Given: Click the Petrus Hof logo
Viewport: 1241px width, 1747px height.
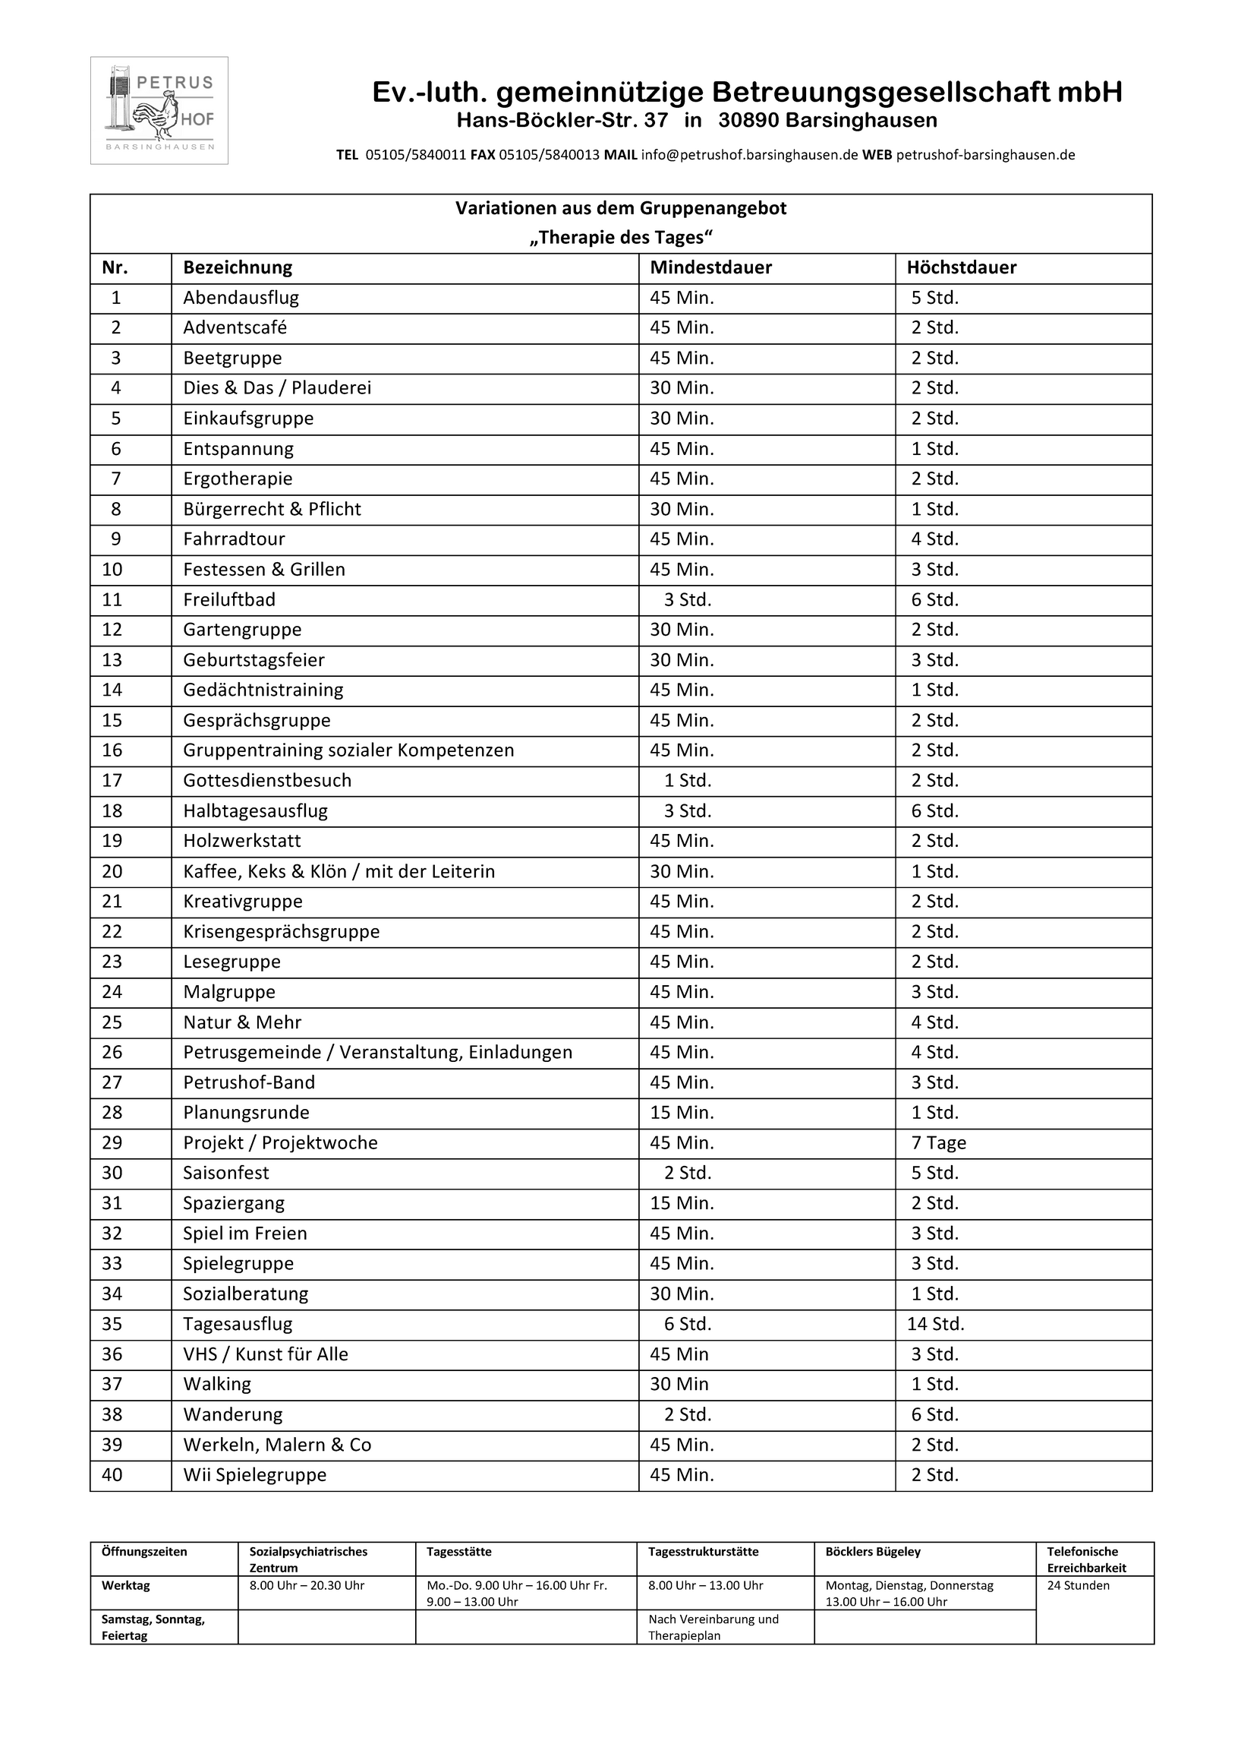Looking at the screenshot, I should [159, 110].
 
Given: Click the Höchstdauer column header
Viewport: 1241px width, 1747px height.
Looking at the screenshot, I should [961, 267].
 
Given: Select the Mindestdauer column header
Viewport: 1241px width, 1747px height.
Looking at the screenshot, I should [710, 267].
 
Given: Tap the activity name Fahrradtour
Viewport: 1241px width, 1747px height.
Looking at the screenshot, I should [234, 539].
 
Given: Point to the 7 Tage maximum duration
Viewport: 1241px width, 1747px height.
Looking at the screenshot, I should [937, 1142].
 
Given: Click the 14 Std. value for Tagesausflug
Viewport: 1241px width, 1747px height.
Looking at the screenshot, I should [934, 1323].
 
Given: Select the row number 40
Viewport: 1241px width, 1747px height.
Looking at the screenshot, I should [112, 1475].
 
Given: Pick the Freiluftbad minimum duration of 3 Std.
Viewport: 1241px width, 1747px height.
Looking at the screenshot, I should [687, 599].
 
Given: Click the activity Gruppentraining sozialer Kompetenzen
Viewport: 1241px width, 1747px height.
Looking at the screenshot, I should [348, 750].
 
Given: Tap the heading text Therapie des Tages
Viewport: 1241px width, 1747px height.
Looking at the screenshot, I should [621, 238].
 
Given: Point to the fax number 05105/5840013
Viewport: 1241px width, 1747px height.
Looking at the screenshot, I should [549, 154].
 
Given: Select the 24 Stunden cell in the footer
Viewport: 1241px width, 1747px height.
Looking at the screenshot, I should [1078, 1586].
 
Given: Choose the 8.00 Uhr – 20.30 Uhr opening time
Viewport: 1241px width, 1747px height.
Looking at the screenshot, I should [307, 1586].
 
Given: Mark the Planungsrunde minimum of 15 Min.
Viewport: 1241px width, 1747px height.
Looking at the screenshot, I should [682, 1113].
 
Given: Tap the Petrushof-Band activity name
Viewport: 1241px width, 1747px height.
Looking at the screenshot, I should [249, 1082].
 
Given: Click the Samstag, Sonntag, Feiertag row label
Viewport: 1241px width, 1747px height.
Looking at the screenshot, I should [153, 1628].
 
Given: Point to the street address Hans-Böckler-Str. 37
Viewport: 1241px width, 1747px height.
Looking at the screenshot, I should [562, 121].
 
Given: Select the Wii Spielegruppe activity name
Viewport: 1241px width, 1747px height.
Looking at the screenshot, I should [254, 1475].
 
